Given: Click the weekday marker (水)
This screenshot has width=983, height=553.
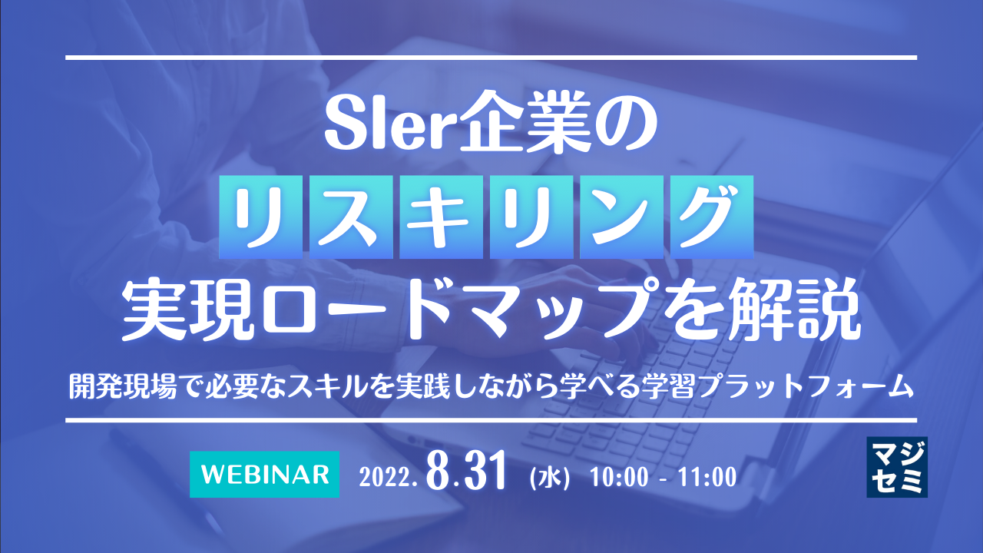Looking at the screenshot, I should (549, 477).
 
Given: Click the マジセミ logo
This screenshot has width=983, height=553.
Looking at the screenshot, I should (896, 467).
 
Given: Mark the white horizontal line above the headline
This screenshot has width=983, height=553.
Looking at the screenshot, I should (491, 58).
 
